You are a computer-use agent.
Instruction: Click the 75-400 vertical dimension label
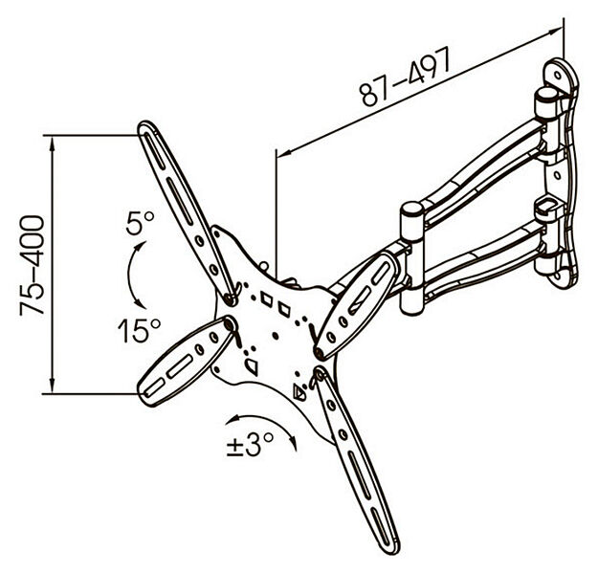[32, 265]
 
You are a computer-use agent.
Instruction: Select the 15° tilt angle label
[139, 330]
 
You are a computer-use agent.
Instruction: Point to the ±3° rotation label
[250, 444]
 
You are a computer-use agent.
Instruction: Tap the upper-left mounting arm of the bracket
[187, 212]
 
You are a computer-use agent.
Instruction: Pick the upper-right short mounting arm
[357, 305]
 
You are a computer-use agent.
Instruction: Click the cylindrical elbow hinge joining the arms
[412, 259]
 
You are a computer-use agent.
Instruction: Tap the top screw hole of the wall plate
[558, 75]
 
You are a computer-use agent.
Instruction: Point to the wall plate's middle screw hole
[557, 175]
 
